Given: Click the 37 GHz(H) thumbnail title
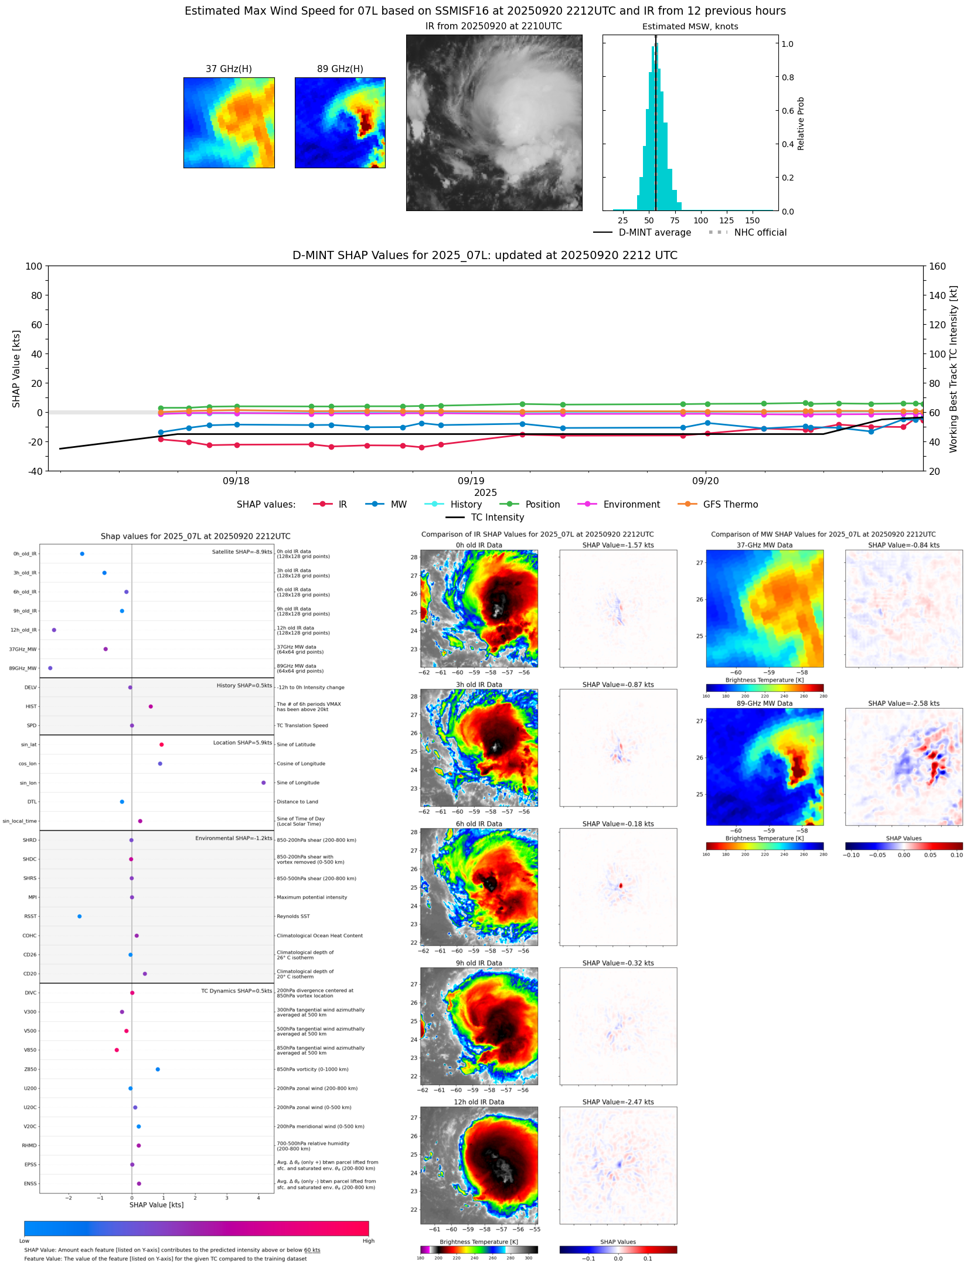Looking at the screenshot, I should point(229,69).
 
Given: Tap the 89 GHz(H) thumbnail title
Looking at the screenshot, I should point(340,69).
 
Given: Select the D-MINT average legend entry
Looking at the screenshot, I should point(655,233).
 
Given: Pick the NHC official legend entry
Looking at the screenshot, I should point(760,233).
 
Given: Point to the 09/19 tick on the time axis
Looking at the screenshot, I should point(471,481).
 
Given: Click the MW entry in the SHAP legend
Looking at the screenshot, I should point(399,505).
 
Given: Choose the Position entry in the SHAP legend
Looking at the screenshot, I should point(542,505).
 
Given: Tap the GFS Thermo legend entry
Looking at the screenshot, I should point(730,505).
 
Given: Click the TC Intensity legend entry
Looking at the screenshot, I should point(497,518).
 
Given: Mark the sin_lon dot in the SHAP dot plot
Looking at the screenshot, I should point(264,783).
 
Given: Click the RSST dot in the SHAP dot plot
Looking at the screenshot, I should point(80,916).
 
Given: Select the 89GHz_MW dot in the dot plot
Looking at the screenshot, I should point(50,668).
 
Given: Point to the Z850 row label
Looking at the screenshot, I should point(30,1069).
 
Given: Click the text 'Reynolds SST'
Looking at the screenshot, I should point(293,916).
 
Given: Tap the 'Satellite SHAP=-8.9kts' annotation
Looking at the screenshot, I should point(241,552).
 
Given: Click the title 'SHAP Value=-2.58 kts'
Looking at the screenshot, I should point(903,703).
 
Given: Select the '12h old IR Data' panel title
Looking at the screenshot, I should point(479,1102).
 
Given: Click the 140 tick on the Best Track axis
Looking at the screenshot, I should point(937,295).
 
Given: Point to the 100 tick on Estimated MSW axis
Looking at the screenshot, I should point(700,221).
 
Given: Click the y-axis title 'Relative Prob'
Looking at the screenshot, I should point(801,124).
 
